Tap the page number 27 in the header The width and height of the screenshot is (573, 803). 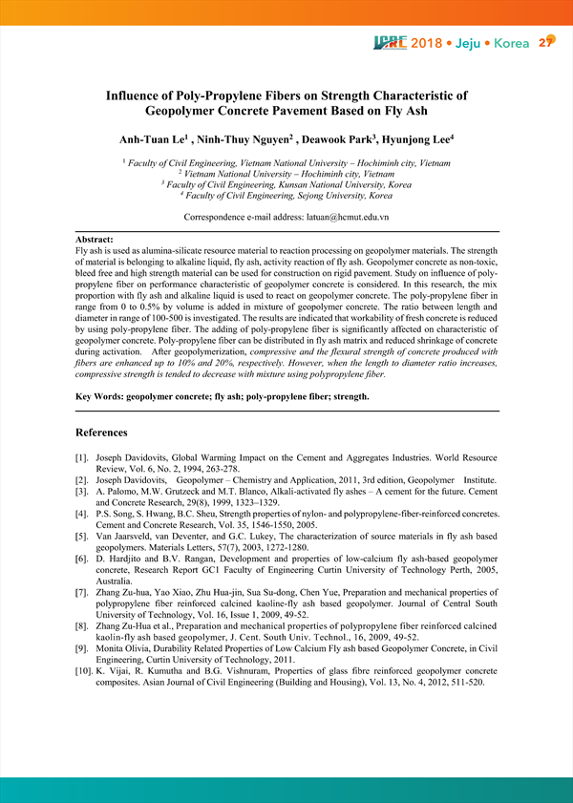click(546, 42)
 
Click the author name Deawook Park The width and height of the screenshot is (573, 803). click(318, 140)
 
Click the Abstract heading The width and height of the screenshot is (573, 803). click(95, 239)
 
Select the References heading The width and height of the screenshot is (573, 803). click(101, 433)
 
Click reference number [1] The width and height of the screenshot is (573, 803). click(83, 459)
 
